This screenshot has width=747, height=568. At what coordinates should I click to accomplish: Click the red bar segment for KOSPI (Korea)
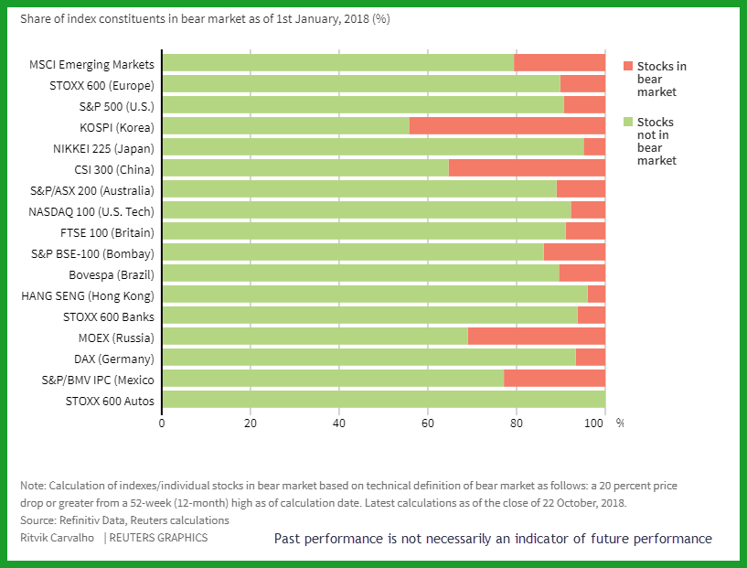[x=507, y=126]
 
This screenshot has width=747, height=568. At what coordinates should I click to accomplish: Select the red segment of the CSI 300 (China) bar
[x=527, y=167]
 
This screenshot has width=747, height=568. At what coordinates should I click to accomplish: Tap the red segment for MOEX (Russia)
[x=537, y=336]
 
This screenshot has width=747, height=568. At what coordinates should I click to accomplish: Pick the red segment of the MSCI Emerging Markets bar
[x=560, y=62]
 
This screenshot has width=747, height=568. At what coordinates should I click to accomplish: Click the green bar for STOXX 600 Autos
[x=384, y=399]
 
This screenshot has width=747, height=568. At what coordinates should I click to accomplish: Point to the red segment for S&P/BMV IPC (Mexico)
[x=554, y=378]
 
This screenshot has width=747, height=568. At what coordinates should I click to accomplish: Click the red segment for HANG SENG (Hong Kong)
[x=596, y=294]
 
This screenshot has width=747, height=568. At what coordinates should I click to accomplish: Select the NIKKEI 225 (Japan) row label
[x=103, y=149]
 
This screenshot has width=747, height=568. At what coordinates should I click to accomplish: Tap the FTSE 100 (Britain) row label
[x=107, y=233]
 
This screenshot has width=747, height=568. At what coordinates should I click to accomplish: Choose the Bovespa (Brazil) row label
[x=112, y=275]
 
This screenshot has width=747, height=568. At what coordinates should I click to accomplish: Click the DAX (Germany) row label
[x=114, y=359]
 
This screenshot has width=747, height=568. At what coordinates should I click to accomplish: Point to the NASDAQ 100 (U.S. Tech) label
[x=91, y=211]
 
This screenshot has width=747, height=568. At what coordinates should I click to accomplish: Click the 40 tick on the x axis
[x=338, y=423]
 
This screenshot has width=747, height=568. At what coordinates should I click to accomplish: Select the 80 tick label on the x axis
[x=517, y=423]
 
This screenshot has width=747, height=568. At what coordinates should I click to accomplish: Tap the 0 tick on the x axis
[x=162, y=423]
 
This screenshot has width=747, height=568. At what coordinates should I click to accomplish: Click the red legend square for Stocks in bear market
[x=628, y=66]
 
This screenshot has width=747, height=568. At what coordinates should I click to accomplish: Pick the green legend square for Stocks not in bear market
[x=628, y=122]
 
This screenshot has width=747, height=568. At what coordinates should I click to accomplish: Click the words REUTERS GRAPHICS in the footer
[x=159, y=538]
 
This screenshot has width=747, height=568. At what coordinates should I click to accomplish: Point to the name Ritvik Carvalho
[x=58, y=538]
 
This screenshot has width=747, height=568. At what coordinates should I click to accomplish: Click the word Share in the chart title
[x=33, y=18]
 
